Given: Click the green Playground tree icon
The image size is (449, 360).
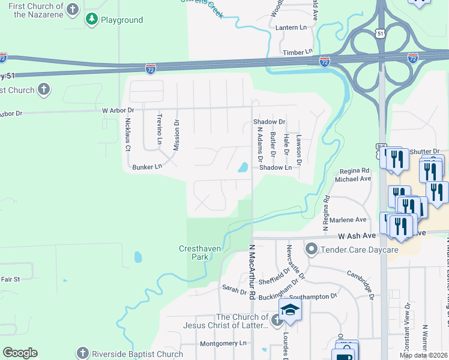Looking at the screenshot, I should [92, 20].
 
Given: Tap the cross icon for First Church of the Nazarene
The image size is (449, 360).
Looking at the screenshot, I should [73, 9].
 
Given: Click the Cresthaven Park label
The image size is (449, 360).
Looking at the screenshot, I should [193, 253].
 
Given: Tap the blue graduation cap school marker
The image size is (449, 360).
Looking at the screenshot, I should [290, 310].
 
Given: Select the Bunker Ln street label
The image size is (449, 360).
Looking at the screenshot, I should [148, 167].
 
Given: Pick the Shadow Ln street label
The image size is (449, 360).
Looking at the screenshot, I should [276, 168].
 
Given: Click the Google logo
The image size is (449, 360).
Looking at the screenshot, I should [20, 353].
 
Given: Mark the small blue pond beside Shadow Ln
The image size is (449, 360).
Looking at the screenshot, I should [243, 167].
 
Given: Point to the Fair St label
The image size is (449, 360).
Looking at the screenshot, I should [10, 279].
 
